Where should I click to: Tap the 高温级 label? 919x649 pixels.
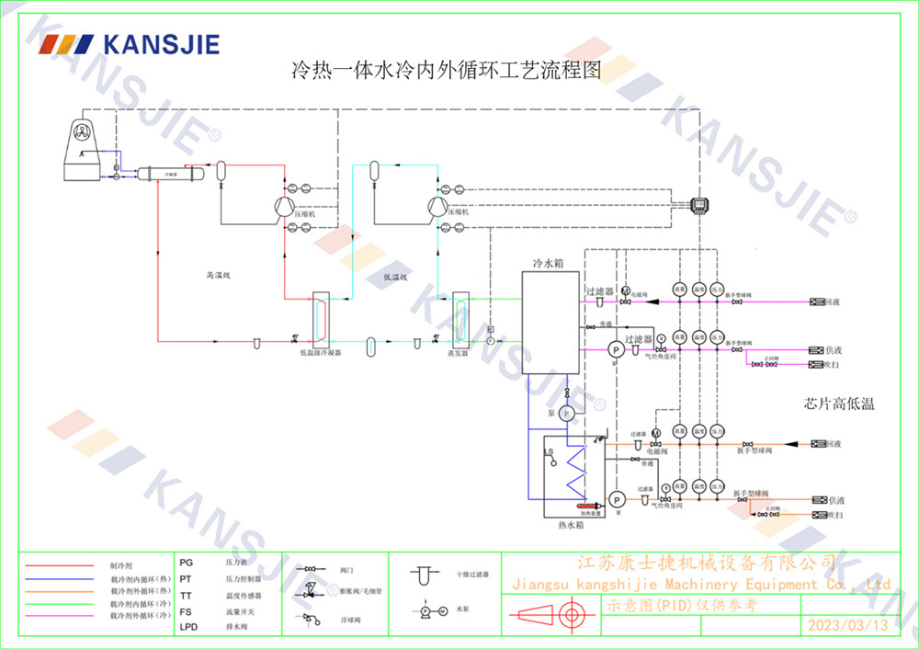pyautogui.click(x=218, y=273)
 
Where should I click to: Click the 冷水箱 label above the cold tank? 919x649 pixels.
pyautogui.click(x=549, y=263)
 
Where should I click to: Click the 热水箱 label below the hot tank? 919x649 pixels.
pyautogui.click(x=572, y=525)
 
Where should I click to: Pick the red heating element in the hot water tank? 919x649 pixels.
pyautogui.click(x=584, y=505)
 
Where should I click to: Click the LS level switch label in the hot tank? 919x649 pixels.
pyautogui.click(x=549, y=452)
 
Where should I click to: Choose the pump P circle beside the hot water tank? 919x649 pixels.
pyautogui.click(x=617, y=498)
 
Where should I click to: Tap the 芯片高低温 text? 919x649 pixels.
pyautogui.click(x=838, y=404)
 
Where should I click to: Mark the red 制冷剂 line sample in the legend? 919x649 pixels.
pyautogui.click(x=61, y=566)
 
